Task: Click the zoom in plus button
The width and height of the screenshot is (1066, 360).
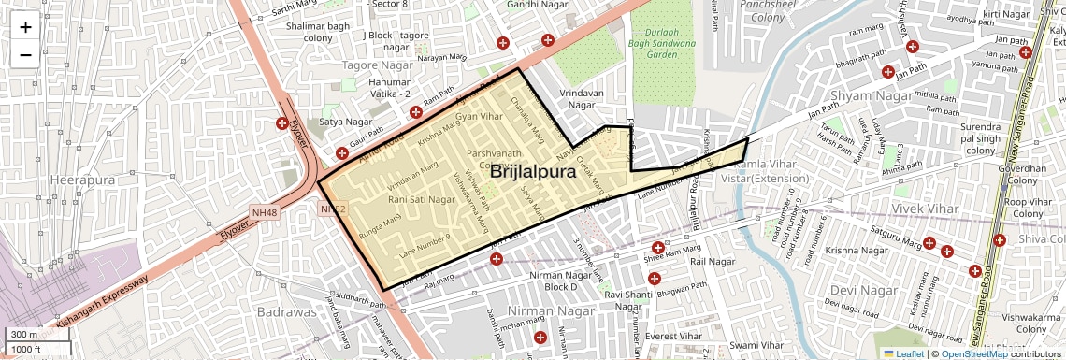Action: pyautogui.click(x=25, y=26)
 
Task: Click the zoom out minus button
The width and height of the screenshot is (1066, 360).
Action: pyautogui.click(x=25, y=54)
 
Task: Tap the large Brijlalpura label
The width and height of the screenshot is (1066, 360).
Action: pyautogui.click(x=532, y=172)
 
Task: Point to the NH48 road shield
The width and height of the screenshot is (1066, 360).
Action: pyautogui.click(x=265, y=213)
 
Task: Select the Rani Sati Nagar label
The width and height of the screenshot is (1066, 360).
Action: pyautogui.click(x=422, y=199)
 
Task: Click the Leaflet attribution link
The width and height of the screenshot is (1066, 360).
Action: pyautogui.click(x=902, y=353)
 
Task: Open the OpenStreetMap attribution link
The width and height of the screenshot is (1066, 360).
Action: pyautogui.click(x=973, y=353)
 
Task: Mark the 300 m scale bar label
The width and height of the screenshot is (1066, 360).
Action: pyautogui.click(x=23, y=335)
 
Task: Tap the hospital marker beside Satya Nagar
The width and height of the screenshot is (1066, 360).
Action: pyautogui.click(x=281, y=123)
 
